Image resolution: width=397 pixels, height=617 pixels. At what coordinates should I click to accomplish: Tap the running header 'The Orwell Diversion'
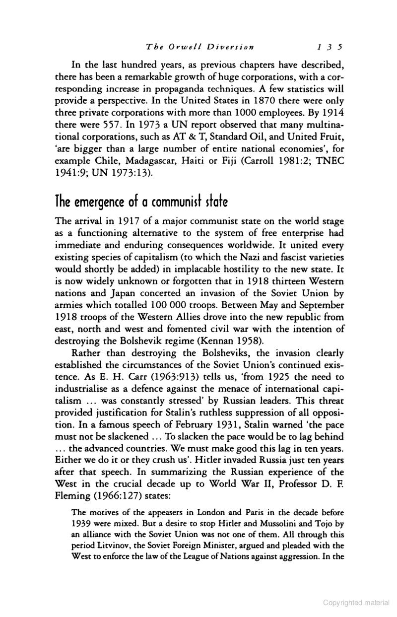click(x=200, y=48)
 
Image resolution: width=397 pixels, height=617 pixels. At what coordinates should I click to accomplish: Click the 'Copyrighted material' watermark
click(x=356, y=602)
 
